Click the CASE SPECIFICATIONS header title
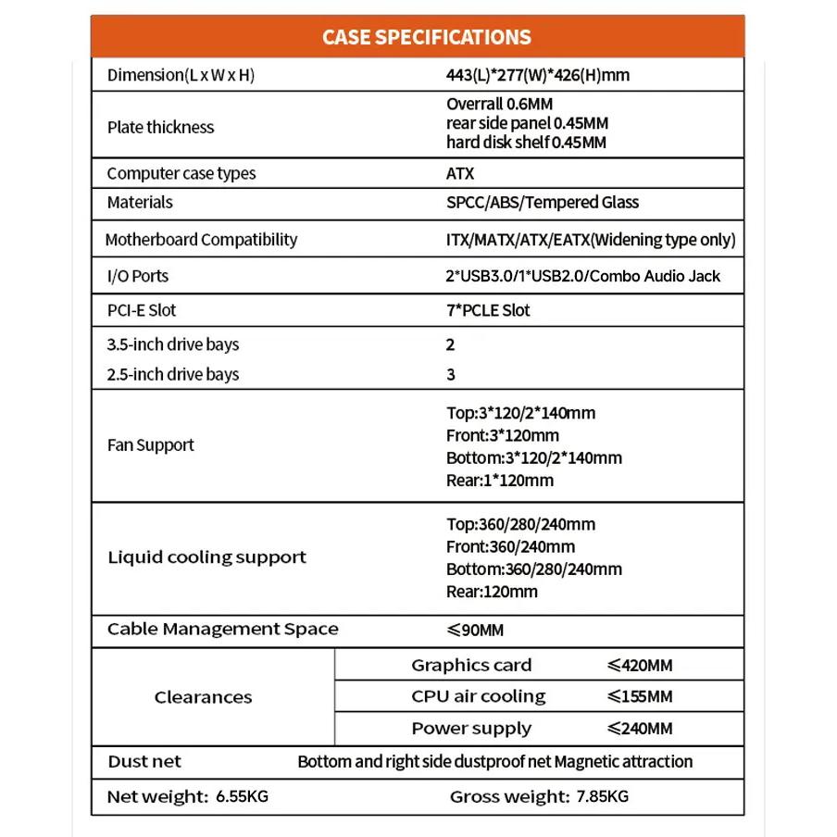pyautogui.click(x=426, y=37)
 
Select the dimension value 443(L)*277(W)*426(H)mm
pyautogui.click(x=537, y=75)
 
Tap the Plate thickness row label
pyautogui.click(x=160, y=127)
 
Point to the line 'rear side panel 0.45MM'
pyautogui.click(x=527, y=123)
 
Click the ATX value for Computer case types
pyautogui.click(x=460, y=173)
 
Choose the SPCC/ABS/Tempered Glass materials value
pyautogui.click(x=542, y=202)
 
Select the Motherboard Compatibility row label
pyautogui.click(x=201, y=240)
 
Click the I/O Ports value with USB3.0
pyautogui.click(x=582, y=276)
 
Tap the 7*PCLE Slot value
pyautogui.click(x=488, y=310)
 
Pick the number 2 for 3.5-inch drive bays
pyautogui.click(x=451, y=344)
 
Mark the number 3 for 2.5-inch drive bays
pyautogui.click(x=451, y=374)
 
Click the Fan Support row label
pyautogui.click(x=151, y=445)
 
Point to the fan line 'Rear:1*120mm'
pyautogui.click(x=499, y=480)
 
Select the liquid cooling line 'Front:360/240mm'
pyautogui.click(x=510, y=546)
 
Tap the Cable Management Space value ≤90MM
pyautogui.click(x=475, y=631)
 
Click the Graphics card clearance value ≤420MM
pyautogui.click(x=640, y=665)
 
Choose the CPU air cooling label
pyautogui.click(x=479, y=696)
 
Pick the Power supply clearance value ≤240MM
pyautogui.click(x=640, y=729)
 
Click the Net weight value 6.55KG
pyautogui.click(x=242, y=796)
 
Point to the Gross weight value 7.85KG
pyautogui.click(x=602, y=796)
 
